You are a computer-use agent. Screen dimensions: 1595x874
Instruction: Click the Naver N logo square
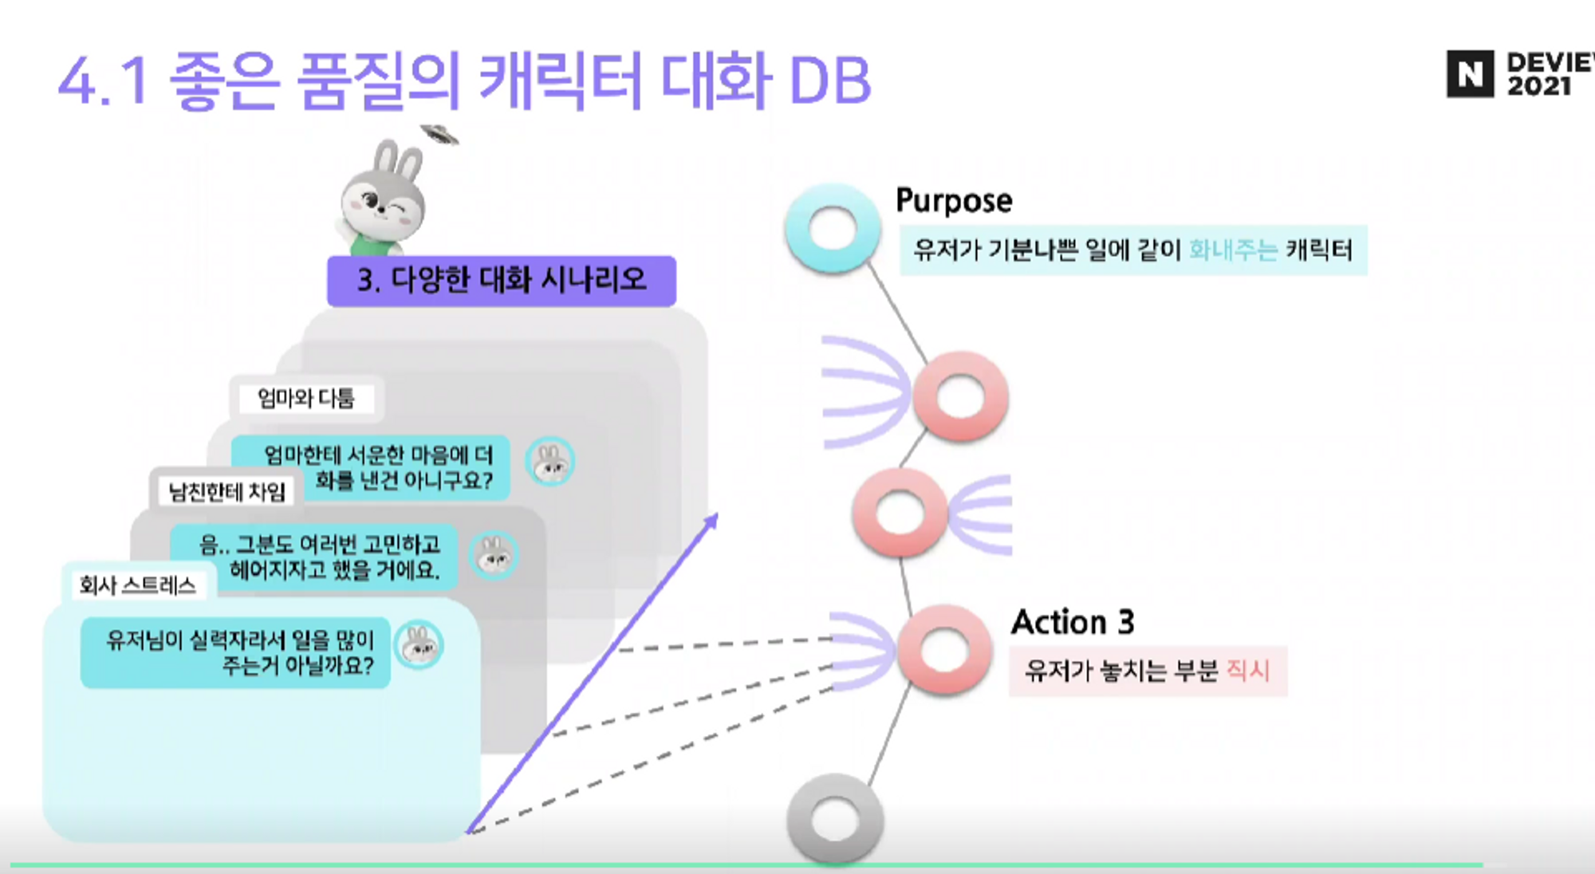(x=1470, y=74)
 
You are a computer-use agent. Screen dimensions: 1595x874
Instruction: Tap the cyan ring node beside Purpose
(x=832, y=229)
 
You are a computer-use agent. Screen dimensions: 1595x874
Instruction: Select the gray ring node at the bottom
(x=834, y=820)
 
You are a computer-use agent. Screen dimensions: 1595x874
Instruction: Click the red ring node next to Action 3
(x=944, y=650)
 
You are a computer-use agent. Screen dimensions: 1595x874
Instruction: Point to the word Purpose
(x=954, y=200)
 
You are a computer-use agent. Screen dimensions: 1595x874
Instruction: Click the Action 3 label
(x=1072, y=622)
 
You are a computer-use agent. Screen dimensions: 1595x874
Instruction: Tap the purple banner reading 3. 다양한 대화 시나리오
(x=501, y=281)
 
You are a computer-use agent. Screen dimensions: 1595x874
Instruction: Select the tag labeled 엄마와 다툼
(x=306, y=398)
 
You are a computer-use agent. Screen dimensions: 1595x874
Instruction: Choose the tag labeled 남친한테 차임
(x=226, y=491)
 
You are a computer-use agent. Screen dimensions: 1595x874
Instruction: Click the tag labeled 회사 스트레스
(x=137, y=585)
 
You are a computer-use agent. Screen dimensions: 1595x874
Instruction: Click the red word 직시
(x=1247, y=670)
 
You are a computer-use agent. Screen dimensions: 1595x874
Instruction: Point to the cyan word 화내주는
(x=1233, y=250)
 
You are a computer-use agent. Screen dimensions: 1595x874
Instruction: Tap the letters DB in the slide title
(x=829, y=81)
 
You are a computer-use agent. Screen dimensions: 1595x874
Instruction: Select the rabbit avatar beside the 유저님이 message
(x=419, y=645)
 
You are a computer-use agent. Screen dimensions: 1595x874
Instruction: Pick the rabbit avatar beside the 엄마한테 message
(x=549, y=462)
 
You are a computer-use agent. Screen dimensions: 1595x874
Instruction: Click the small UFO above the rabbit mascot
(x=439, y=134)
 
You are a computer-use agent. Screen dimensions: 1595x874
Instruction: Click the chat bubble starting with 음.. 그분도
(x=314, y=557)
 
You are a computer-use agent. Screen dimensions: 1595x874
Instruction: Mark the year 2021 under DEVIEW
(x=1538, y=86)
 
